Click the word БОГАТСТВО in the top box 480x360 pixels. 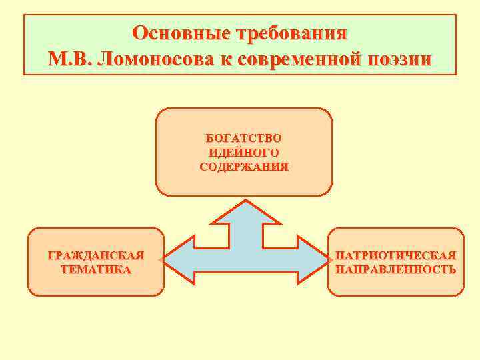point(244,138)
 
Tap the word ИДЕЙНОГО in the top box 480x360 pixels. point(244,153)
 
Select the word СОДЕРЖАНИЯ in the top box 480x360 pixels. point(244,167)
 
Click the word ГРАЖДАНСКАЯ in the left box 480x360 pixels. point(96,255)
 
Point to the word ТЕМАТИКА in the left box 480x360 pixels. point(96,270)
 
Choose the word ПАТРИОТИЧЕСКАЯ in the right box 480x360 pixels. point(396,255)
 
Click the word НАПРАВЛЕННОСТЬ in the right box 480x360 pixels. point(396,270)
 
